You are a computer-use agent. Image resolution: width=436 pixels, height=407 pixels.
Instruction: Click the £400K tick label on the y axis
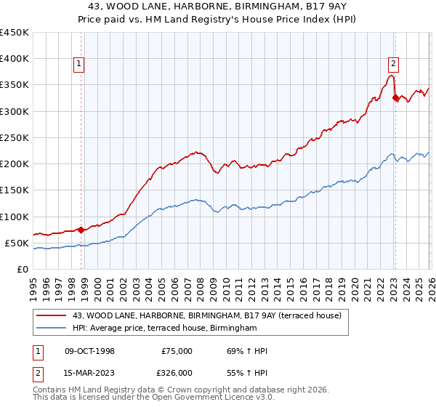click(15, 59)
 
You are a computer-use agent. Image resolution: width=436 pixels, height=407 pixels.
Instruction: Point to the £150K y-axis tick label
click(15, 190)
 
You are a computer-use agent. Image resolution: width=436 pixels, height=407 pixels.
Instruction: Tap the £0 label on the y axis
click(22, 270)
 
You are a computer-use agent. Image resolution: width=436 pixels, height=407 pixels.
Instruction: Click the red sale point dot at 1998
click(81, 230)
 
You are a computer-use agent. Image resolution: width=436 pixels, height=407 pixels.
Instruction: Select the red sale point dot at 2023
click(395, 97)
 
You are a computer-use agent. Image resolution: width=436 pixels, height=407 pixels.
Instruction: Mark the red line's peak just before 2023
click(391, 76)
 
